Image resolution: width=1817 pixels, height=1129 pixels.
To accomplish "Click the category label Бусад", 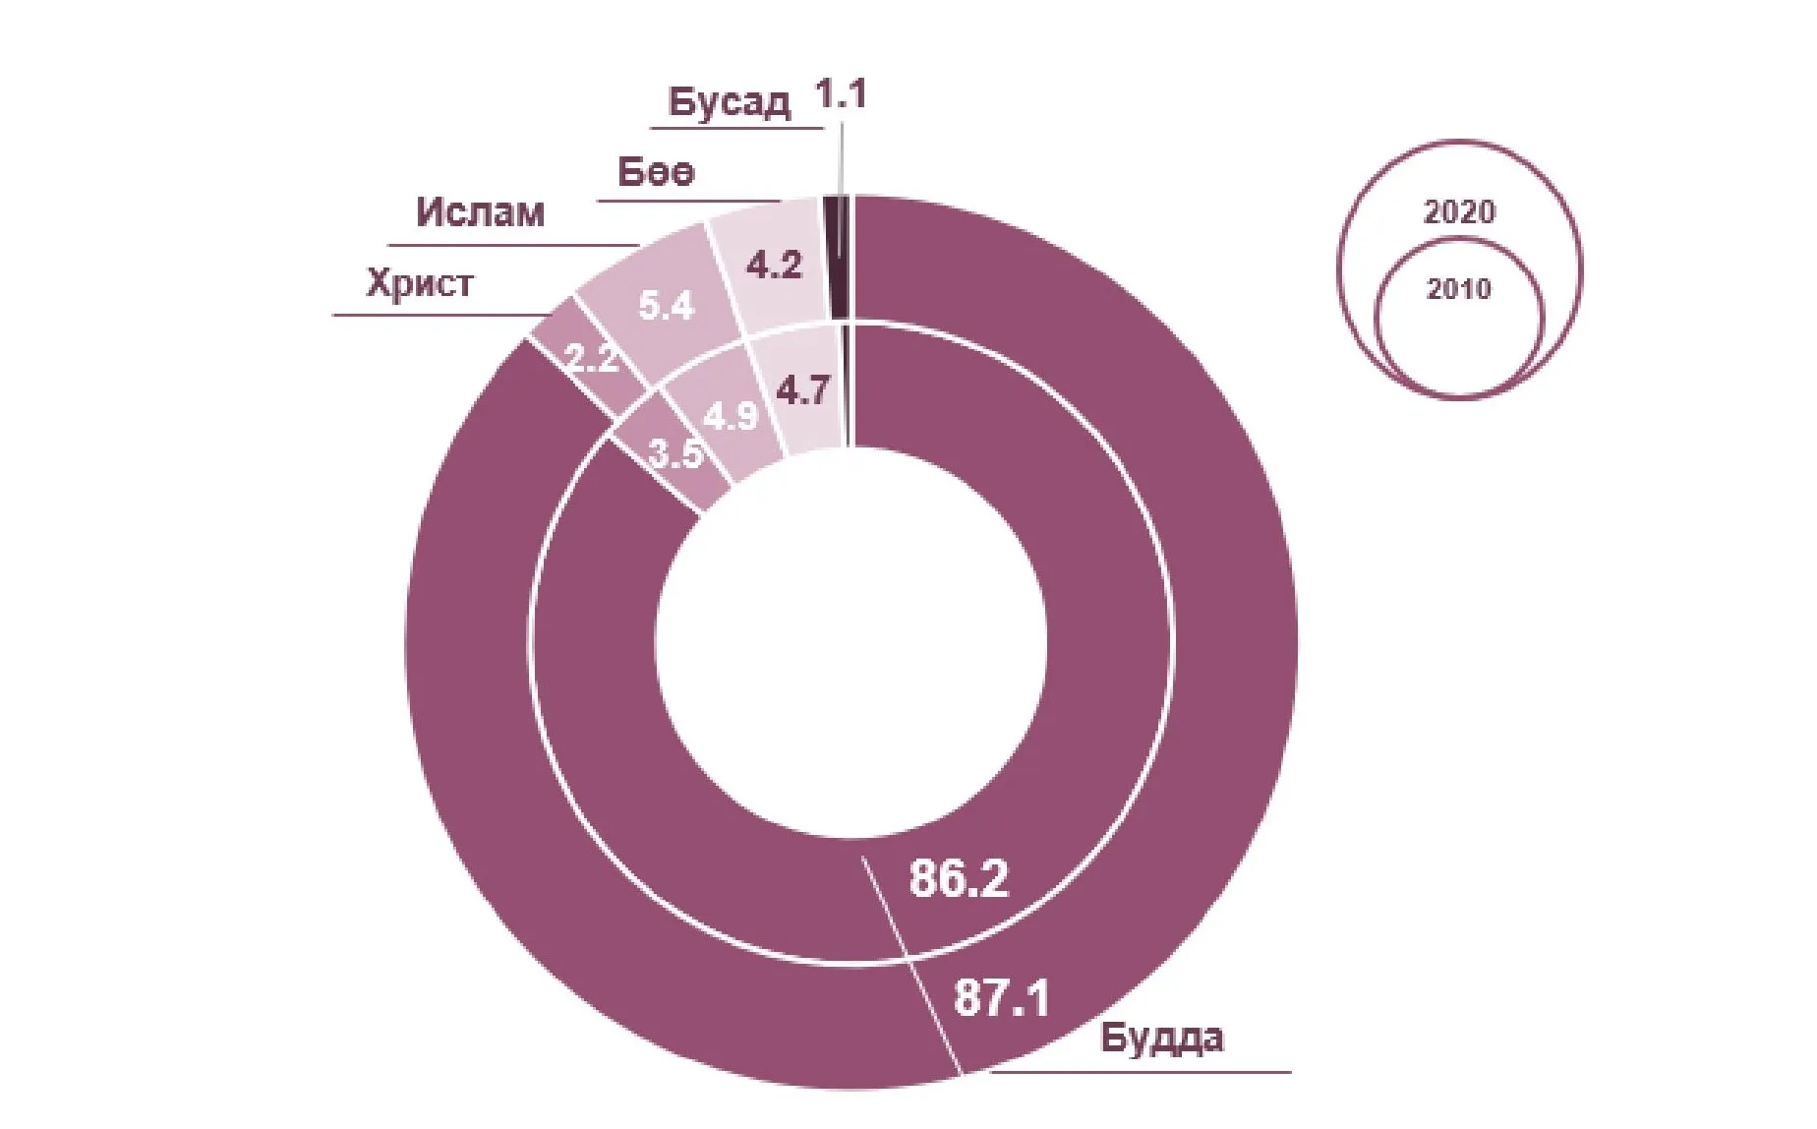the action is pyautogui.click(x=729, y=102).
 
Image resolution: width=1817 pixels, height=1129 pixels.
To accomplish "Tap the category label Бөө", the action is pyautogui.click(x=656, y=172).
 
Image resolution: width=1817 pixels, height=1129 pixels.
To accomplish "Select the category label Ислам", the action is pyautogui.click(x=480, y=212).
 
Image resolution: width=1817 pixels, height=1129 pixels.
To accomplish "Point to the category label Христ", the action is pyautogui.click(x=420, y=284).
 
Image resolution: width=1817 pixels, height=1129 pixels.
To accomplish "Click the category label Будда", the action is pyautogui.click(x=1161, y=1038).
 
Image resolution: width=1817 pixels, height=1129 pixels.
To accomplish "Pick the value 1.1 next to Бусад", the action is pyautogui.click(x=841, y=94).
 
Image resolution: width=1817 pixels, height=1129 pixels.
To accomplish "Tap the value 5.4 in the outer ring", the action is pyautogui.click(x=667, y=307).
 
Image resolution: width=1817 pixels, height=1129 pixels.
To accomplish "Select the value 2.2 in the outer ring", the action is pyautogui.click(x=594, y=359).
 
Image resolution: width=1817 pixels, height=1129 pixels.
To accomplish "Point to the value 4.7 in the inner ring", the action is pyautogui.click(x=802, y=391).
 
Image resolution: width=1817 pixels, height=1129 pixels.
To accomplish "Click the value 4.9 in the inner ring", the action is pyautogui.click(x=731, y=416).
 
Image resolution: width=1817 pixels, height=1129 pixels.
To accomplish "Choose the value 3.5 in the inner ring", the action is pyautogui.click(x=676, y=455).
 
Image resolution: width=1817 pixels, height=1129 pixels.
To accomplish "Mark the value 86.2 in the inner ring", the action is pyautogui.click(x=959, y=878).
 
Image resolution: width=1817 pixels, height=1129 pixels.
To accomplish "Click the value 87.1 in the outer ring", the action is pyautogui.click(x=1002, y=999).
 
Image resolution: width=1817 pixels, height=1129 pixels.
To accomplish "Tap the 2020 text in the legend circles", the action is pyautogui.click(x=1459, y=211).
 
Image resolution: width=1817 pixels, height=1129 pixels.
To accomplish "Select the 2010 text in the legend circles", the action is pyautogui.click(x=1459, y=289).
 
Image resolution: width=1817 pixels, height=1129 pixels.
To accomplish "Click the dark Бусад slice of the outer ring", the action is pyautogui.click(x=838, y=258).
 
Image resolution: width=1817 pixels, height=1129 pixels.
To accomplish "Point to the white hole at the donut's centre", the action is pyautogui.click(x=851, y=644).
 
